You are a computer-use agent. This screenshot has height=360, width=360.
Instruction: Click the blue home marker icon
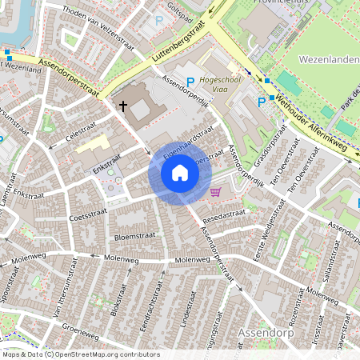(x=179, y=173)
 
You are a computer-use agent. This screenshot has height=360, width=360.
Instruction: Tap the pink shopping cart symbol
(x=215, y=191)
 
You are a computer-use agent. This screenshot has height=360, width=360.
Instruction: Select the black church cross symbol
(x=123, y=105)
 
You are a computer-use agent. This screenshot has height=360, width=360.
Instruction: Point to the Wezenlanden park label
(x=328, y=59)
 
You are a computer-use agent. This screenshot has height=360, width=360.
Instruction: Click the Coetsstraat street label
(x=88, y=217)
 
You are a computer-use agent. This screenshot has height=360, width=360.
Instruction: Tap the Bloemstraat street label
(x=134, y=237)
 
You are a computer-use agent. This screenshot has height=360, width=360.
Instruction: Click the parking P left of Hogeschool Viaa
(x=190, y=82)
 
